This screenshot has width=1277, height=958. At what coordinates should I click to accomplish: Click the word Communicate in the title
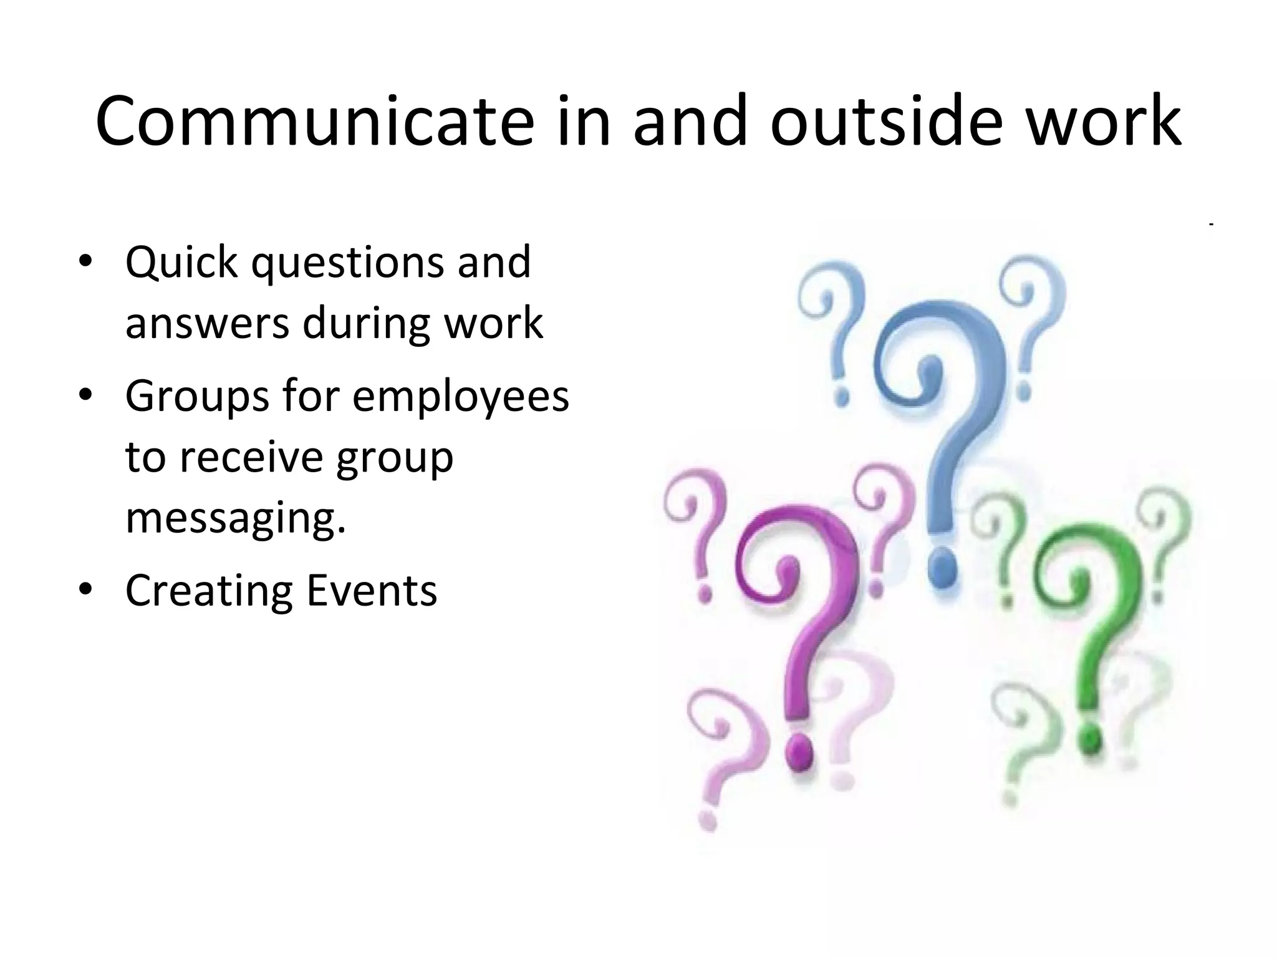click(x=315, y=122)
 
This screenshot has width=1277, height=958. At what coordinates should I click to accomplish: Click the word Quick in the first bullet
click(x=181, y=263)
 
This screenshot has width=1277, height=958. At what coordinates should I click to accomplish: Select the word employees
click(x=461, y=397)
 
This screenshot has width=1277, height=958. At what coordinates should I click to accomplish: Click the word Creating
click(x=208, y=591)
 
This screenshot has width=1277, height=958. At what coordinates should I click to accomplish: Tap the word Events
click(x=372, y=591)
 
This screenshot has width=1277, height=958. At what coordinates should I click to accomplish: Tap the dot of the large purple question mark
click(x=799, y=753)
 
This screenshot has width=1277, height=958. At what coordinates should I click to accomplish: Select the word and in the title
click(x=690, y=122)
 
